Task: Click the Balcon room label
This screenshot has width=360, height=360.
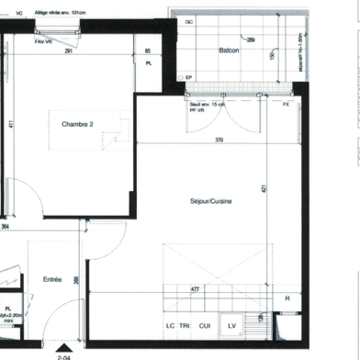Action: (x=230, y=51)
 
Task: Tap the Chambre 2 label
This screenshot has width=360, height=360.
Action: (x=79, y=124)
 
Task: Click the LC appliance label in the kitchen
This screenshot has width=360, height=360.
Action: (x=170, y=326)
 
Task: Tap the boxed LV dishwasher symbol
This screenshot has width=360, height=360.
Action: (x=232, y=325)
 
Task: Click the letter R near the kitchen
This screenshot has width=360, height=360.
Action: (x=287, y=299)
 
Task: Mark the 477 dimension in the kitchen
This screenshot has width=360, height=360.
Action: (x=195, y=288)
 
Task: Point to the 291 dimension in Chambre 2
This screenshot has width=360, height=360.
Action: (x=70, y=51)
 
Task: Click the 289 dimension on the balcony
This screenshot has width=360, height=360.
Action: (x=251, y=39)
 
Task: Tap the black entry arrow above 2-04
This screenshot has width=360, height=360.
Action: (x=64, y=338)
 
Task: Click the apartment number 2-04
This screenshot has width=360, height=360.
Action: (x=64, y=353)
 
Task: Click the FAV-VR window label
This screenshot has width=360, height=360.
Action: (x=41, y=42)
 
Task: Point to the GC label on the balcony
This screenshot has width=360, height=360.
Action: (x=189, y=20)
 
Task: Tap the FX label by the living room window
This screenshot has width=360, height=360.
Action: (x=286, y=104)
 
